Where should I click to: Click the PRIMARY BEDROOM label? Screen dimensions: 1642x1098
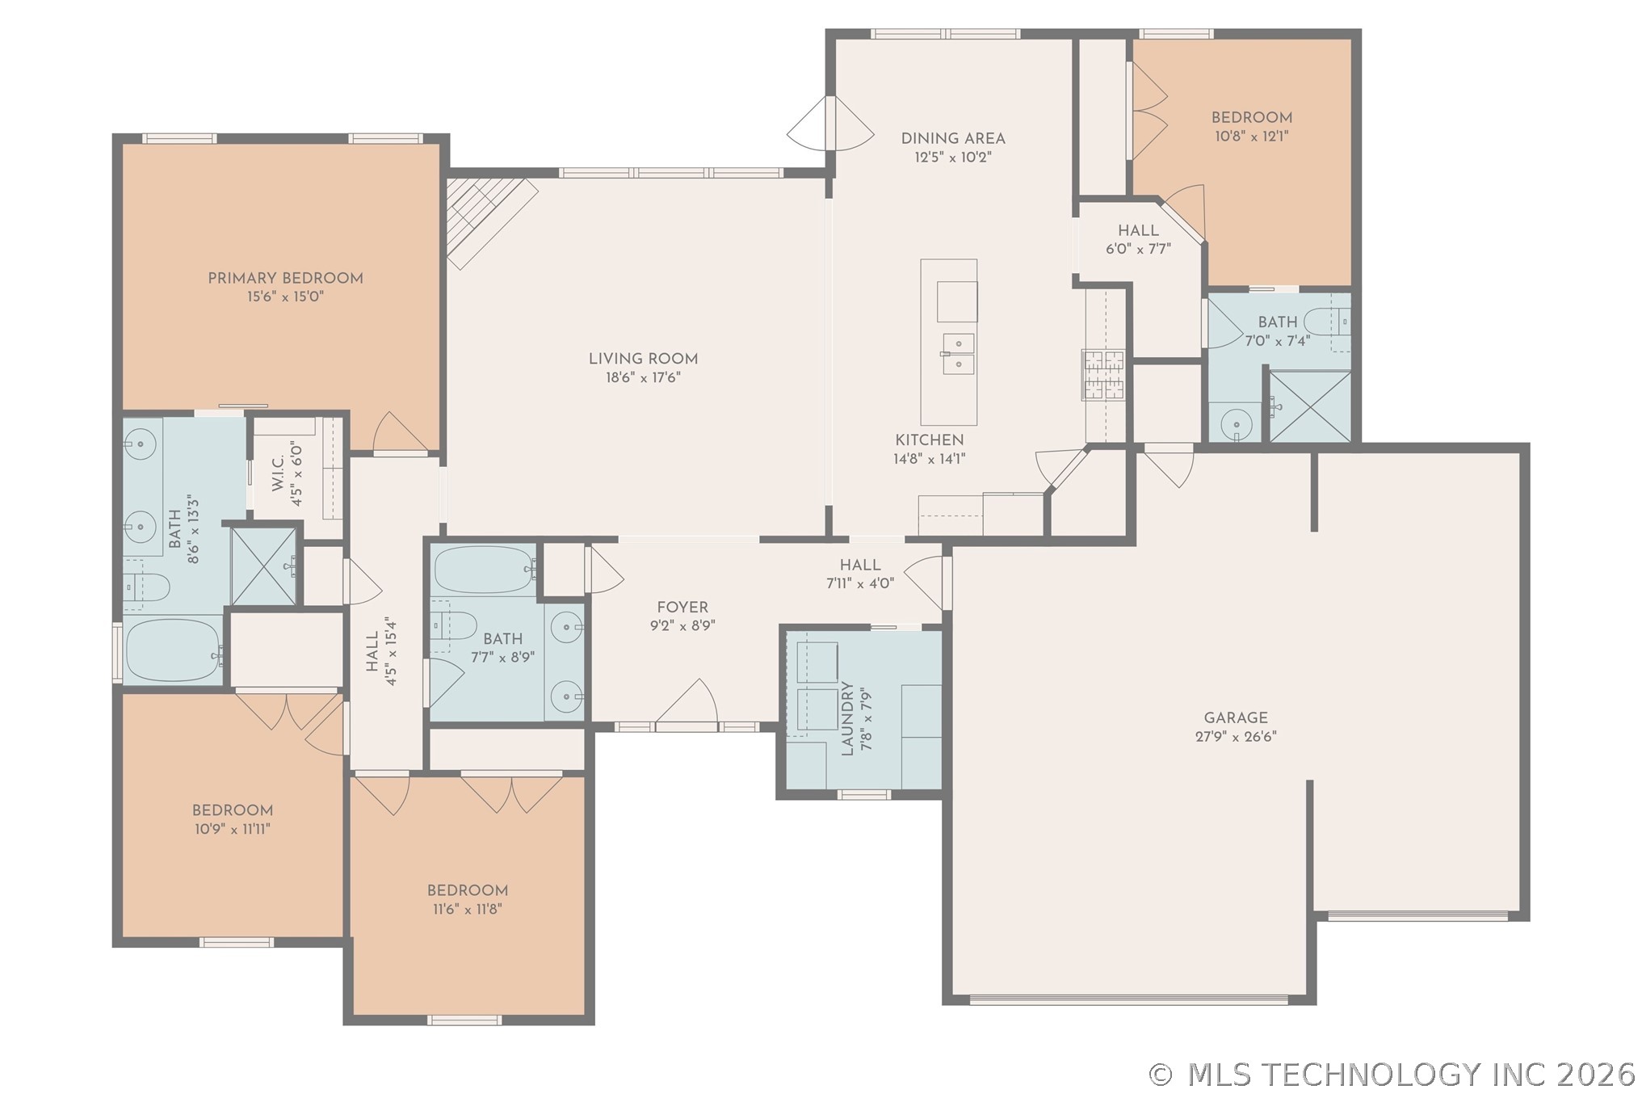coord(285,279)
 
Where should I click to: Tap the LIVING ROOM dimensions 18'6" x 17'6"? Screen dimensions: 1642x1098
coord(643,377)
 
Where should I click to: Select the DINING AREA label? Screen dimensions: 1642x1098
coord(953,139)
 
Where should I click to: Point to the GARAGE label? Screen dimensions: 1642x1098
coord(1236,717)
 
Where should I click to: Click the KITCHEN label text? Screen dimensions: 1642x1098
coord(930,440)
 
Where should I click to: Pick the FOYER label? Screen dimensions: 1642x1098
coord(682,608)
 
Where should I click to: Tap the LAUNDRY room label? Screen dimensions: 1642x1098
coord(847,718)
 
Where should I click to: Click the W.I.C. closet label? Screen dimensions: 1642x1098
coord(277,473)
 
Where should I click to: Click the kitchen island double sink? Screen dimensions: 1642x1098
coord(959,354)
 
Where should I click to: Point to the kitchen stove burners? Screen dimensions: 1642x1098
coord(1103,374)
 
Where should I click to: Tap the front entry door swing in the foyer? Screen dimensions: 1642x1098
coord(687,702)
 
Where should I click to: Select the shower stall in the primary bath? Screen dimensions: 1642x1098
coord(263,566)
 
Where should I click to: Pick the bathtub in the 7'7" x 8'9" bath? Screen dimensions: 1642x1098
coord(485,570)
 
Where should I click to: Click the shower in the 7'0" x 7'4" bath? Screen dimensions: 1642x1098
coord(1310,406)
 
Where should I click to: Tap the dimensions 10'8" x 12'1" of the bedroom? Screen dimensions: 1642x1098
coord(1251,137)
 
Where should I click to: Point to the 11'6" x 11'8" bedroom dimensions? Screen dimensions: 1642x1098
coord(467,909)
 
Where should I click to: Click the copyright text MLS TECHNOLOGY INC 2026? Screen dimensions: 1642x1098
coord(1393,1075)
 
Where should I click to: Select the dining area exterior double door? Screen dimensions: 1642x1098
coord(830,123)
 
